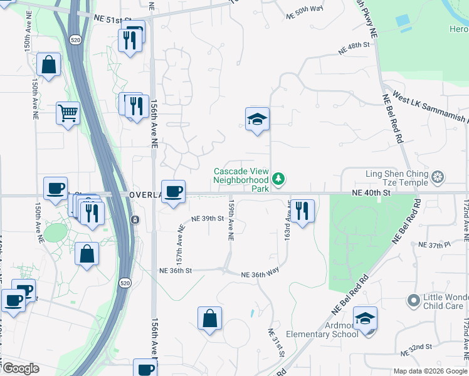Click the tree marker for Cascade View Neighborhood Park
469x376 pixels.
[x=278, y=179]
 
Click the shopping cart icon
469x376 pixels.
[x=68, y=113]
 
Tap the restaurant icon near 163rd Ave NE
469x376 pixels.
[x=302, y=211]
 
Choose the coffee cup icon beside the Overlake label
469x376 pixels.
[x=173, y=191]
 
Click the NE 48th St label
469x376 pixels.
[x=356, y=46]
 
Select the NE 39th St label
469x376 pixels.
[x=209, y=218]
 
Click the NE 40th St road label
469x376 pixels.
[x=371, y=194]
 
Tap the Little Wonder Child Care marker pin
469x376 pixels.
[x=413, y=301]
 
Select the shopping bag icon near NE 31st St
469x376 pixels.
[x=209, y=318]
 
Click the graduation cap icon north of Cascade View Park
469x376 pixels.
[x=257, y=118]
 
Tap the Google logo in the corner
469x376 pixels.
[x=20, y=368]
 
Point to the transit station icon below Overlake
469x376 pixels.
[x=135, y=219]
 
